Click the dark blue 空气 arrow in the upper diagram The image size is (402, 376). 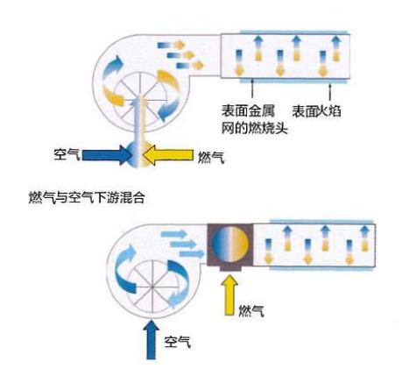pos(107,154)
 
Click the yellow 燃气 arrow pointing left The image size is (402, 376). pos(168,155)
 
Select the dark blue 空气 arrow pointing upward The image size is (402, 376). pos(151,339)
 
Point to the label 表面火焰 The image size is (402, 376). pos(317,111)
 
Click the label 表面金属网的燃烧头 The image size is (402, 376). pos(254,119)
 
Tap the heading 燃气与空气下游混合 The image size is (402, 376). pos(87,198)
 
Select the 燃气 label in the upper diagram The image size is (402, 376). pos(211,157)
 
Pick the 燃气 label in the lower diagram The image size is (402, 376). pos(251,311)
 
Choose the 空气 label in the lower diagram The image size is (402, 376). pos(178,341)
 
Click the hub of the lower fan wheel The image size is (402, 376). pos(152,287)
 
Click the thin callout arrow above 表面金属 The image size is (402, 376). pos(252,89)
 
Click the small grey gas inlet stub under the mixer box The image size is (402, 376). pos(230,268)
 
